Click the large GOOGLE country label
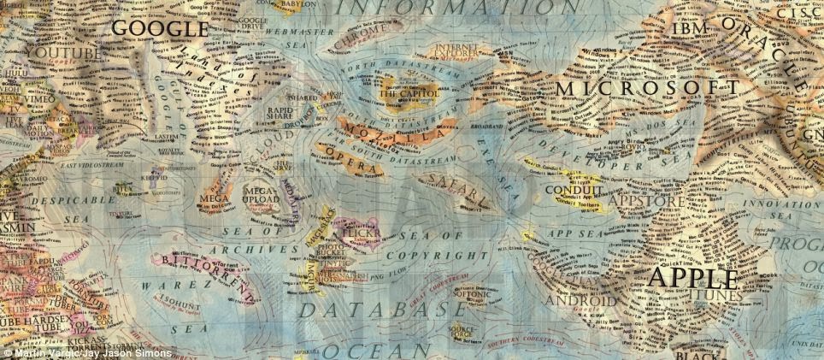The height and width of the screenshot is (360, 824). [160, 28]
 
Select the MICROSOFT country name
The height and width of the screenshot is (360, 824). [648, 88]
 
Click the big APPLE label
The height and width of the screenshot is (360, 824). [693, 279]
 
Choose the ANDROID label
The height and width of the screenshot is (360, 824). [580, 301]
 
